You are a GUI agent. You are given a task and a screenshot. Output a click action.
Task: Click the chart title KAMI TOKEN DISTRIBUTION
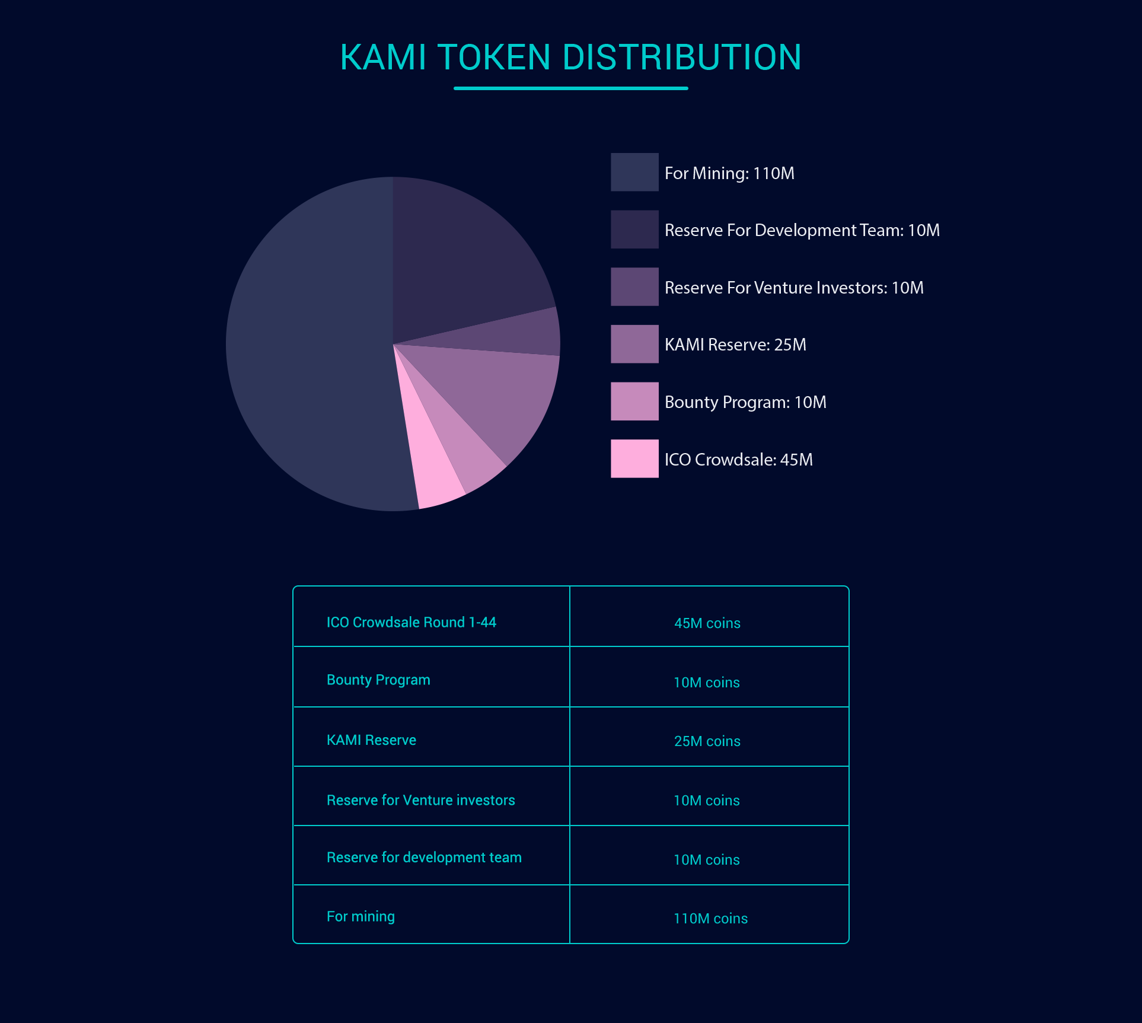570,58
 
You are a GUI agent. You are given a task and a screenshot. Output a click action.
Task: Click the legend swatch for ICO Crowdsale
634,458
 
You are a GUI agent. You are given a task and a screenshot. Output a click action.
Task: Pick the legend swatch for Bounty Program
634,401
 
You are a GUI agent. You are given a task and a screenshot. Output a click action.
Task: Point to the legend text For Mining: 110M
729,173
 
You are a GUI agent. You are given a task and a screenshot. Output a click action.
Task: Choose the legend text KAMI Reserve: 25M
735,345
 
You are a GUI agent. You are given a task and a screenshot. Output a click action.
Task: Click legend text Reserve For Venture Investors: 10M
794,288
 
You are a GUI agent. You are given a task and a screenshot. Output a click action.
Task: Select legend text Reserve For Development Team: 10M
802,230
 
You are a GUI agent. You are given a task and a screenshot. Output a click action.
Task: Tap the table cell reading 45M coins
707,623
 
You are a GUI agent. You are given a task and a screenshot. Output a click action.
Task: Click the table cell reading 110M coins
710,919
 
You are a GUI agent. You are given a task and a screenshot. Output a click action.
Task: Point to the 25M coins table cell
707,741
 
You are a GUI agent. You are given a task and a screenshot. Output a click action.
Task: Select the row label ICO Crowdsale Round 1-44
411,622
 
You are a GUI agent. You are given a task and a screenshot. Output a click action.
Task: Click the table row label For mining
361,917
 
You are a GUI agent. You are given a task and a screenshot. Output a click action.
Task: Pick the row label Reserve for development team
424,858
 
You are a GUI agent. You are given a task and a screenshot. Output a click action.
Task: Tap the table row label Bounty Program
378,680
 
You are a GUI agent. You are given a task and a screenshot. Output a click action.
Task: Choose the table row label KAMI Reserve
371,740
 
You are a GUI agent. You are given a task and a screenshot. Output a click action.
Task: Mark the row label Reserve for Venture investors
420,800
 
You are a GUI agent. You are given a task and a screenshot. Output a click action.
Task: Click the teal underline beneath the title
570,88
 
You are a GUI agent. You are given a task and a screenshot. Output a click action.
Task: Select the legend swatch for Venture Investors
634,287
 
